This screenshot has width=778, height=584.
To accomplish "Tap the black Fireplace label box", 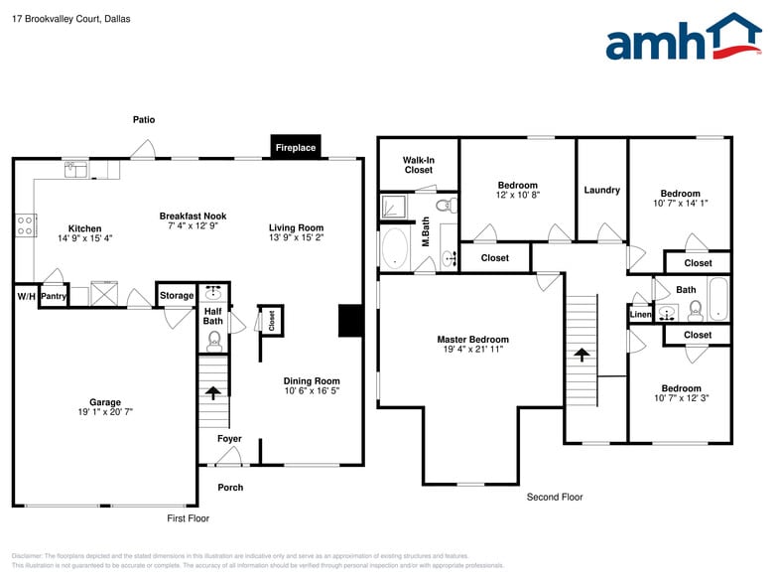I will tap(295, 148).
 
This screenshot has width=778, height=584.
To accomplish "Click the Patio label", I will tap(144, 120).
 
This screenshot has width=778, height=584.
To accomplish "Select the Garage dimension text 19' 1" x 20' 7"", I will tap(105, 411).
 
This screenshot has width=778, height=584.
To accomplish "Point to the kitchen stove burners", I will tap(25, 225).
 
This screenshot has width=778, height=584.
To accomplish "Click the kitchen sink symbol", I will tap(76, 169).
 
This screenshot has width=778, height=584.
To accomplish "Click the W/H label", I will tap(25, 296).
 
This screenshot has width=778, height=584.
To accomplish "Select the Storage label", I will tap(177, 295).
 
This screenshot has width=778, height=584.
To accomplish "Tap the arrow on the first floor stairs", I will tap(212, 392).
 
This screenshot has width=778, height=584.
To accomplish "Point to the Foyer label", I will tap(229, 439).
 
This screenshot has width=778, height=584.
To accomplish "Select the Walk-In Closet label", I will tap(418, 165).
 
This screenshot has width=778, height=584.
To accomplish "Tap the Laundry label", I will tap(601, 190).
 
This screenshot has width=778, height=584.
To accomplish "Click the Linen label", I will tap(640, 315).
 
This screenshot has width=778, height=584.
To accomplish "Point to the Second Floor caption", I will tap(555, 497).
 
